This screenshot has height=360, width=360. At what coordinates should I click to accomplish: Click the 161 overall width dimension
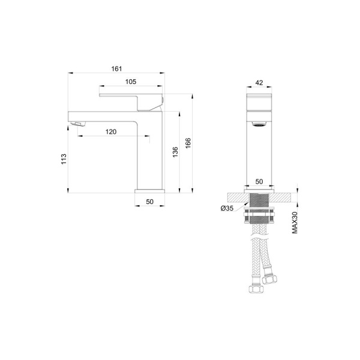tap(116, 68)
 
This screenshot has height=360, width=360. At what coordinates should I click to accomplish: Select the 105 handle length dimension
tap(131, 82)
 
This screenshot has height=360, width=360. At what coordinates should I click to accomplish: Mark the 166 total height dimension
tap(187, 143)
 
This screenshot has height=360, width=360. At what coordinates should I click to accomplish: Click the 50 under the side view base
tap(149, 202)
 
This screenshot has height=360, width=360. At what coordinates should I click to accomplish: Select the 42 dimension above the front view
tap(259, 83)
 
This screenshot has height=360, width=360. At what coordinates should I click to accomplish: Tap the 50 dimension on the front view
tap(259, 181)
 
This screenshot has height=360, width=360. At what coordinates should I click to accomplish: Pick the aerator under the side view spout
tap(77, 124)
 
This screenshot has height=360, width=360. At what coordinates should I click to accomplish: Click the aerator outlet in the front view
tap(259, 124)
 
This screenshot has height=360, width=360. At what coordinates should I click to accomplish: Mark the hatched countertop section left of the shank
tap(236, 196)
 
